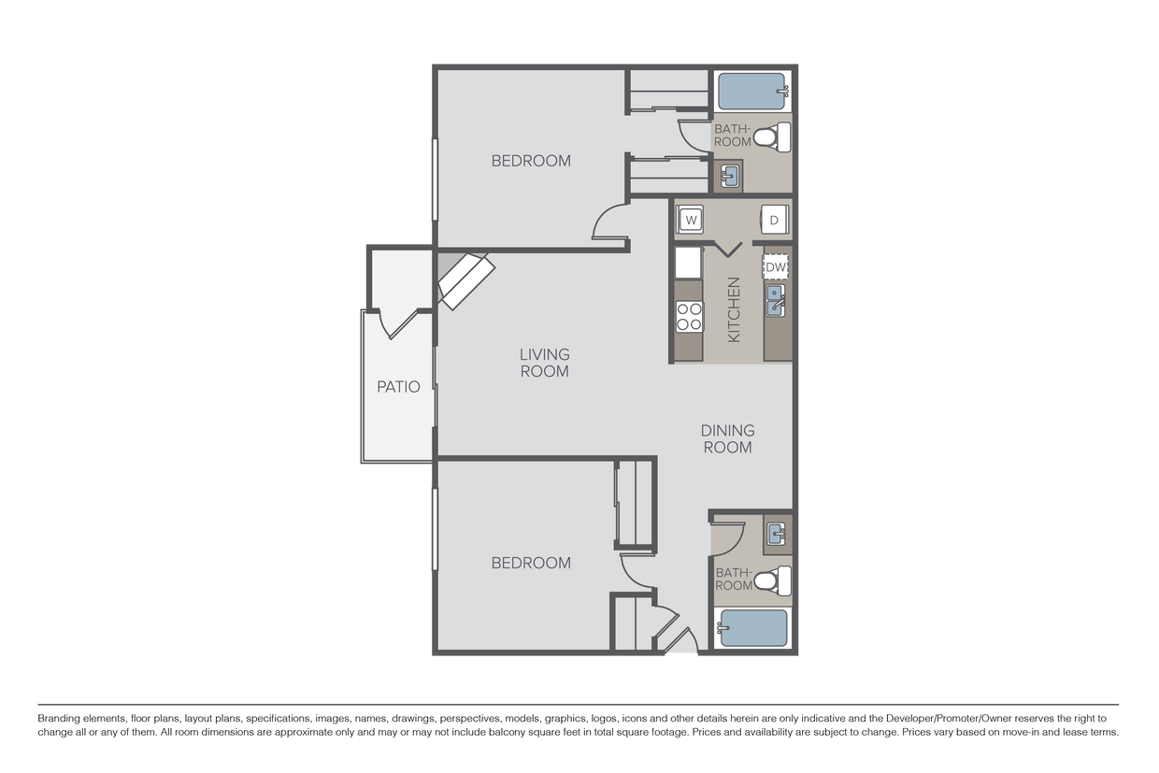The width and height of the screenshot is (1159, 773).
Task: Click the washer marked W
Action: [x=690, y=220]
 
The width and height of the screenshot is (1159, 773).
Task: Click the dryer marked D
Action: [x=774, y=220]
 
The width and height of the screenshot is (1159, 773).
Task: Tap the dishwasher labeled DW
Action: [x=776, y=267]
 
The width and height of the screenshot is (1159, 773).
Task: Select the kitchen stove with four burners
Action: [x=689, y=317]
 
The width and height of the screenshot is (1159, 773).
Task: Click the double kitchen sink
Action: [x=775, y=301]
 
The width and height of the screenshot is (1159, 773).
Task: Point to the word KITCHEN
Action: [x=734, y=309]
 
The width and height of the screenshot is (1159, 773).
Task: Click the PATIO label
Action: [x=398, y=386]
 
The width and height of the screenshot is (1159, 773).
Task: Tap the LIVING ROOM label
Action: [x=544, y=363]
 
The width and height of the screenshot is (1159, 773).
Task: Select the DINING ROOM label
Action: [x=727, y=438]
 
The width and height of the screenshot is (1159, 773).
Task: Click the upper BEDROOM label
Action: [x=531, y=161]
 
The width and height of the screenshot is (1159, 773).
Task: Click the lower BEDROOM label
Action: [x=531, y=563]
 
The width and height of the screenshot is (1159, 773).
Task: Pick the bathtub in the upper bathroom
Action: [x=752, y=92]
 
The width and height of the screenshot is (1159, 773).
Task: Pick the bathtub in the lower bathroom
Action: [x=752, y=627]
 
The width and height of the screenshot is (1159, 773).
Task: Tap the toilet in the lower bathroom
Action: [x=767, y=581]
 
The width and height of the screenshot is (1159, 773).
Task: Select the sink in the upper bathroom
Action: [x=730, y=174]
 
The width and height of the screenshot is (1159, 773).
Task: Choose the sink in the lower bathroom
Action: [x=776, y=534]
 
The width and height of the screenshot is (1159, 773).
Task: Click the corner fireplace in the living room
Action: [x=466, y=279]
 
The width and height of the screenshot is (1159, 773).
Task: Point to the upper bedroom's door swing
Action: [x=608, y=222]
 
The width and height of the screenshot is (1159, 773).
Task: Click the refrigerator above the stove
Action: [x=688, y=262]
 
